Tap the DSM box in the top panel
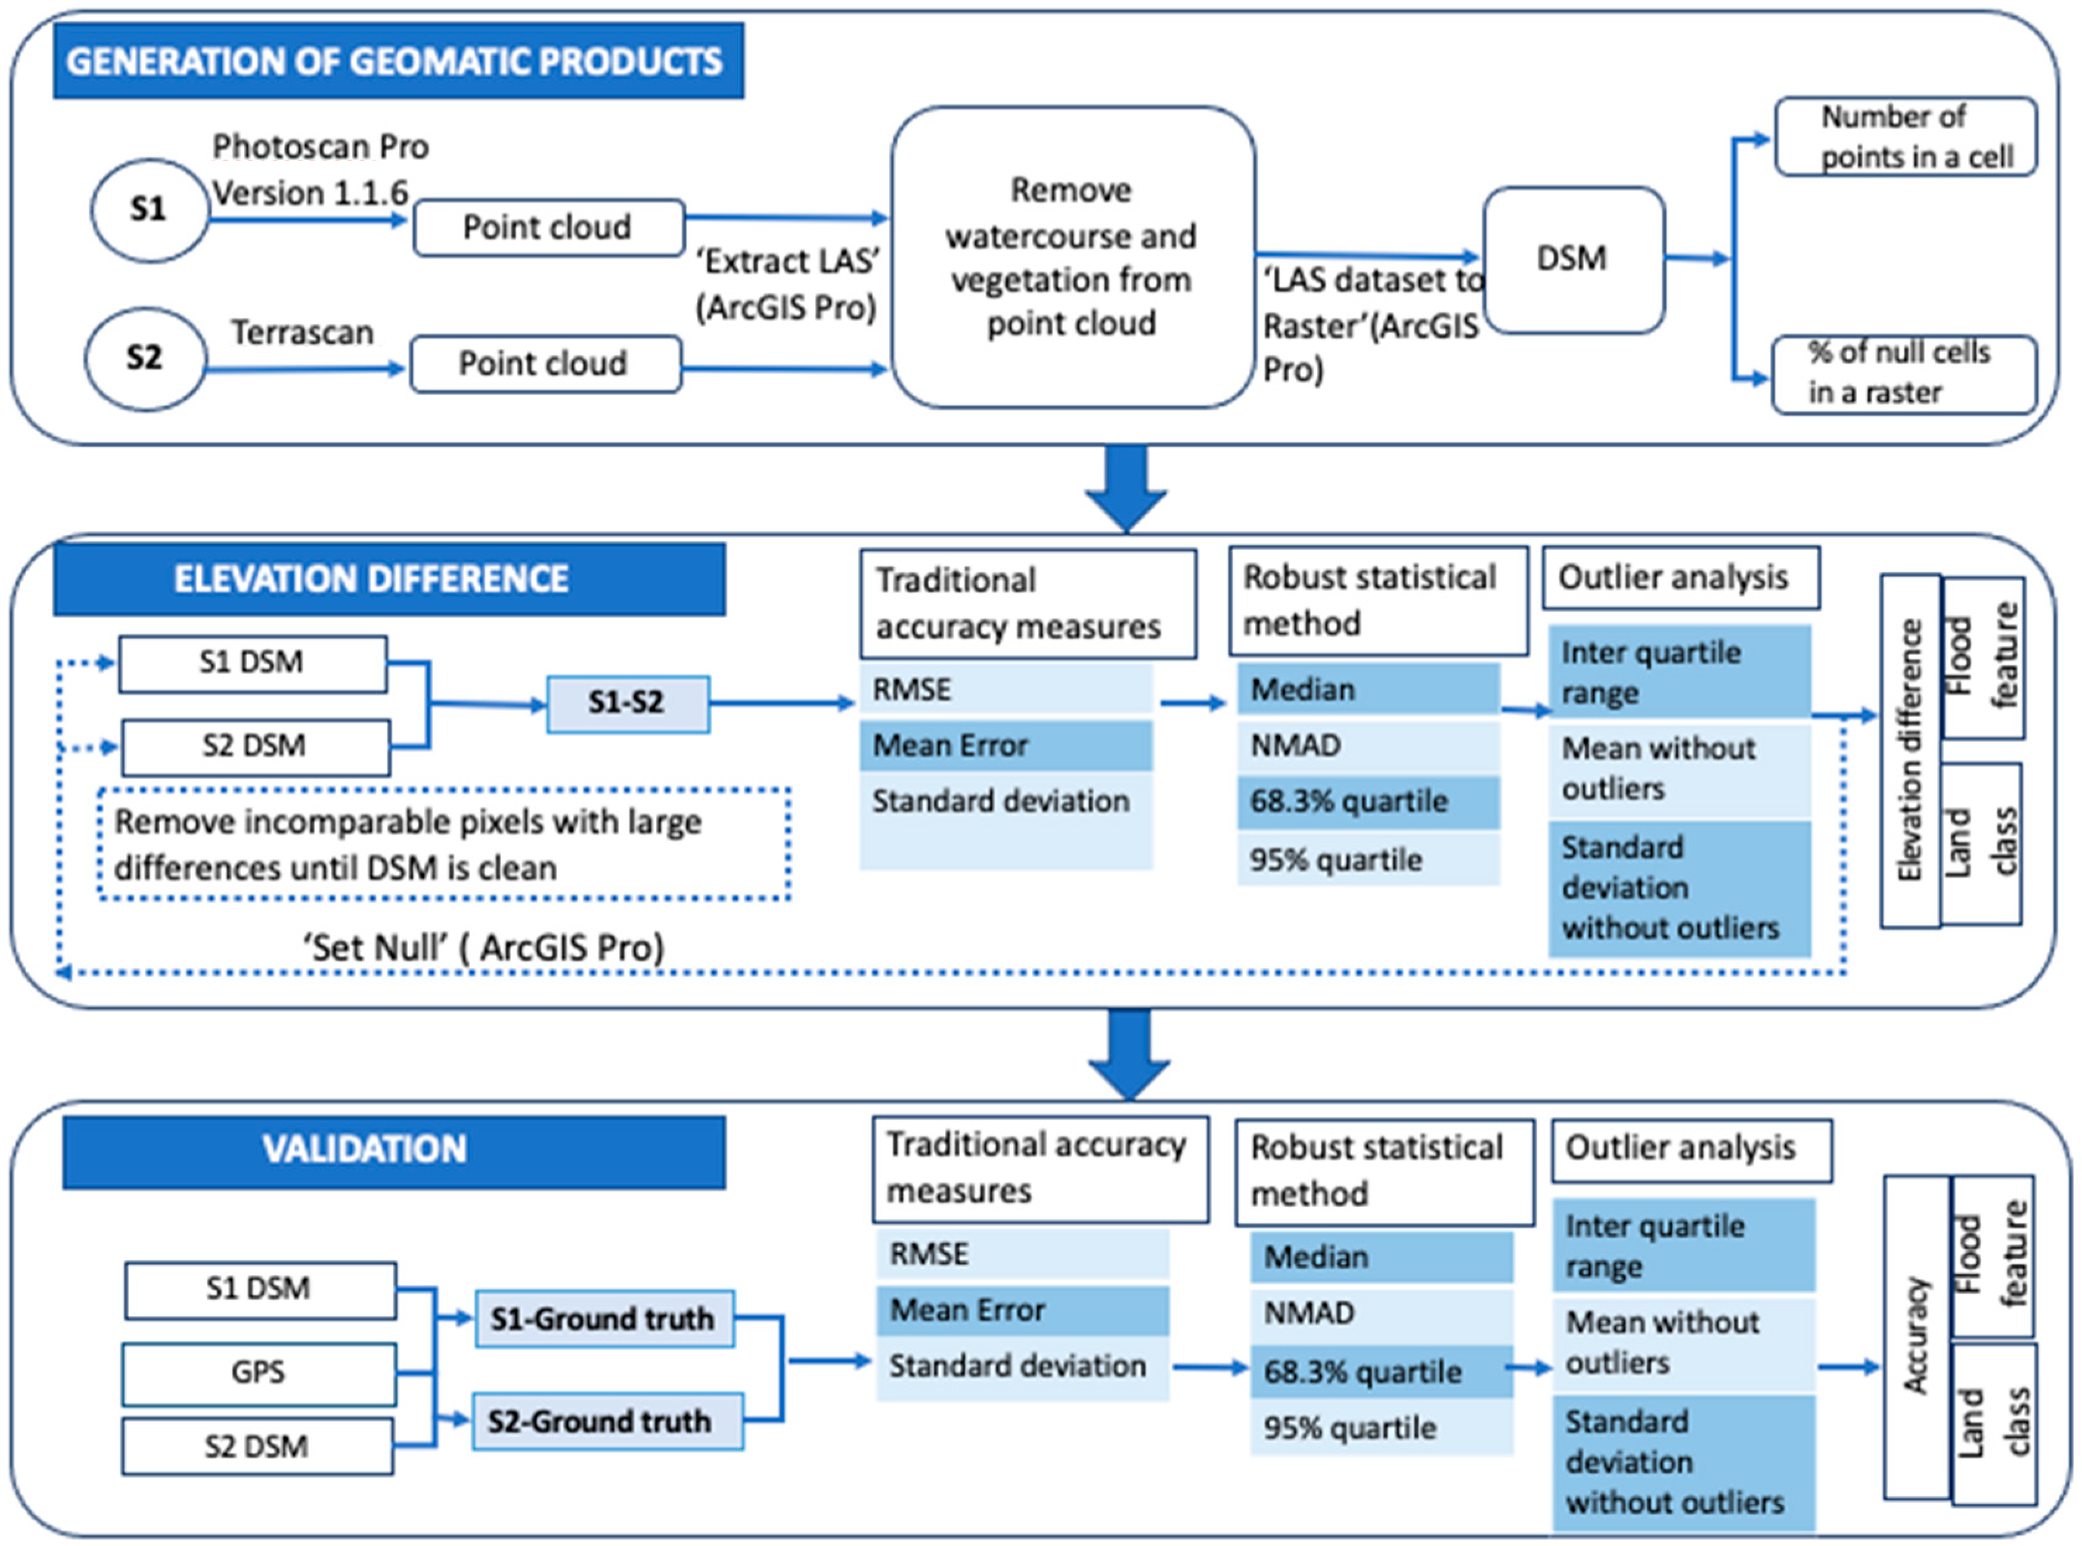pyautogui.click(x=1573, y=259)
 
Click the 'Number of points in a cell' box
pyautogui.click(x=1905, y=136)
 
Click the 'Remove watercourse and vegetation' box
pyautogui.click(x=1072, y=257)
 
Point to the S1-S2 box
pyautogui.click(x=627, y=703)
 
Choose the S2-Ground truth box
pyautogui.click(x=607, y=1421)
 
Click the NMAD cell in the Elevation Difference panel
pyautogui.click(x=1367, y=746)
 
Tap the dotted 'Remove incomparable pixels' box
pyautogui.click(x=443, y=845)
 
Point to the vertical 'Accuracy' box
pyautogui.click(x=1915, y=1336)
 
